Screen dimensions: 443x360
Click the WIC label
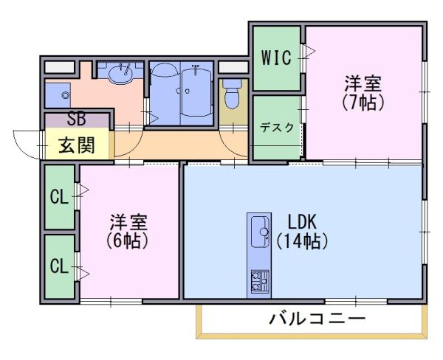coord(276,58)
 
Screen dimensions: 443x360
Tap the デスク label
coord(277,128)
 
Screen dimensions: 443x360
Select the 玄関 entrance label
coord(77,145)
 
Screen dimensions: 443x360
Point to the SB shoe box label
coord(77,120)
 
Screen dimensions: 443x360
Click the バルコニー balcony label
coord(317,319)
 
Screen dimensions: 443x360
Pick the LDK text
coord(302,222)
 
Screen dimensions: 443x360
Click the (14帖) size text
coord(302,241)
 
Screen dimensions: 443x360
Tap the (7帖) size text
coord(363,103)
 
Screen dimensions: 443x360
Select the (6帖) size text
coord(128,240)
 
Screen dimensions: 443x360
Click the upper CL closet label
coord(59,196)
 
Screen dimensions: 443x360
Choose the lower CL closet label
coord(59,266)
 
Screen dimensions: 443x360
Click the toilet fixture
coord(232,94)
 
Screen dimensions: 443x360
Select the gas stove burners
coord(260,280)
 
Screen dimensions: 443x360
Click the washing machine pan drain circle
coord(66,95)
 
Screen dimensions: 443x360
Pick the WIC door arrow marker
coord(310,52)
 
